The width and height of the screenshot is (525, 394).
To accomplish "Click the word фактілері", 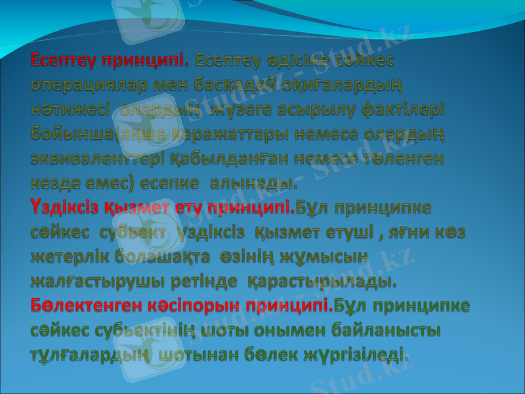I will click(400, 110).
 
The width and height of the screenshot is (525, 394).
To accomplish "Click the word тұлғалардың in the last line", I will click(91, 355).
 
